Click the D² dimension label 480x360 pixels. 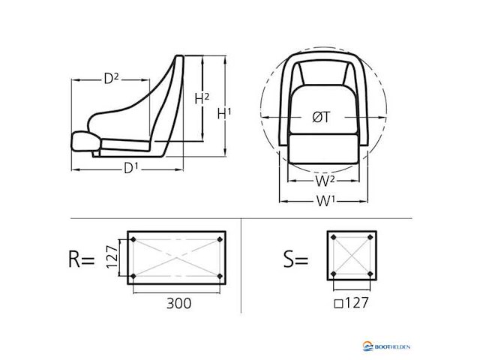pos(111,79)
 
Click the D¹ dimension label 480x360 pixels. pos(131,168)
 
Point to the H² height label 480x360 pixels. pos(202,98)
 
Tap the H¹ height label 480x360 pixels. pos(224,114)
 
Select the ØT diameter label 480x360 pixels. pos(322,117)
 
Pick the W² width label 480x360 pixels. pos(325,181)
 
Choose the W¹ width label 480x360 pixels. pos(325,201)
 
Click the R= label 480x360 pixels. pos(81,259)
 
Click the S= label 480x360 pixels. pos(295,259)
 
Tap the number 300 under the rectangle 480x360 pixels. pos(178,303)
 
